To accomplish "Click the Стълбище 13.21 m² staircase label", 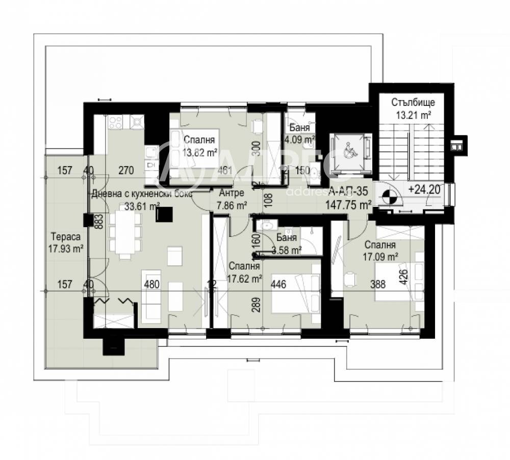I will pos(413,108).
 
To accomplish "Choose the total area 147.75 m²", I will pos(349,205).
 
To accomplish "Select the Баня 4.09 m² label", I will pos(300,132).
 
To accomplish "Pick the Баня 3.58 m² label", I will pos(287,243).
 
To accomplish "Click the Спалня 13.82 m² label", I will pos(199,145).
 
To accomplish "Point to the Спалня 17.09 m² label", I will pos(380,251).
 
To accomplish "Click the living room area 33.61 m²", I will pos(142,206).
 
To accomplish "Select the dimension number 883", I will pos(100,223).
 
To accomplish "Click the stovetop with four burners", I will pos(115,122).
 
